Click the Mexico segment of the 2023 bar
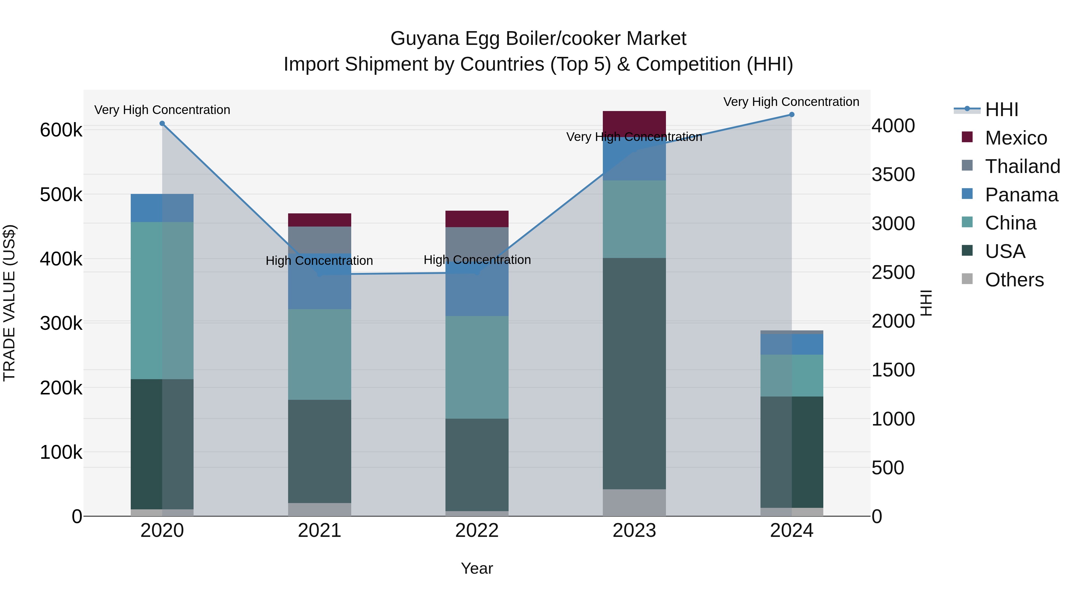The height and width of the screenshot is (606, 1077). point(634,122)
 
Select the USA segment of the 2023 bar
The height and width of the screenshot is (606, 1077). point(634,373)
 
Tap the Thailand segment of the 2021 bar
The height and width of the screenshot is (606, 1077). point(320,240)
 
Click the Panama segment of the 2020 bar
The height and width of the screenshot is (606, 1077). point(162,208)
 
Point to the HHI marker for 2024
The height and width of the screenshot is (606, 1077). point(791,115)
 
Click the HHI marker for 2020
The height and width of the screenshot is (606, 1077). point(162,123)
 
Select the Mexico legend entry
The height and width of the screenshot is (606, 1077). point(1016,138)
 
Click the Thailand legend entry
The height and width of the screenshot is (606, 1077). point(1022,166)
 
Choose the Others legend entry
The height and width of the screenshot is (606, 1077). point(1014,280)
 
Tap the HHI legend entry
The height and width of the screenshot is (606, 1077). point(1001,110)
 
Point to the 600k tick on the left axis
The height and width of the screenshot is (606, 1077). point(61,130)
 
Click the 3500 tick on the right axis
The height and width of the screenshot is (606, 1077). point(893,174)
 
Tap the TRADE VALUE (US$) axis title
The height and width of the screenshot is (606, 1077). point(9,303)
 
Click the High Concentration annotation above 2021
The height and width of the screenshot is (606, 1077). point(320,261)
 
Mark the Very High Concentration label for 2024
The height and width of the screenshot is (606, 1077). point(791,102)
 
